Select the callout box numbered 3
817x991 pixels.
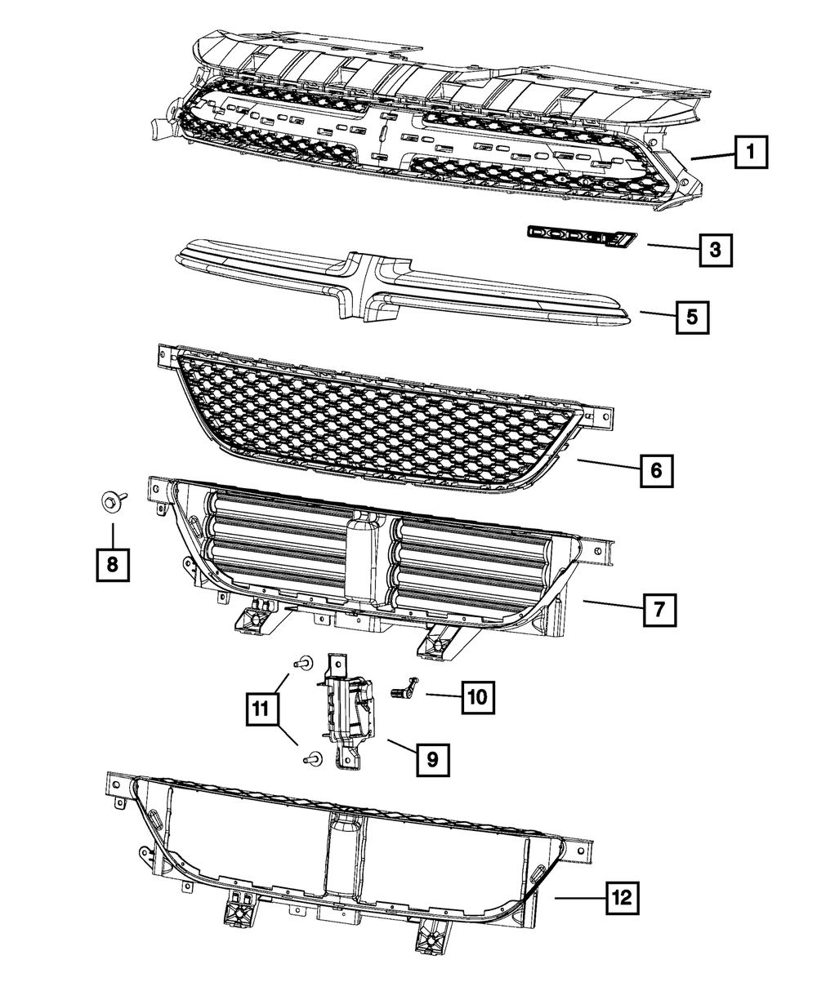tap(715, 250)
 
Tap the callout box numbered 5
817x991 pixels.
tap(692, 317)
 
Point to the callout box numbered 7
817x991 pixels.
tap(659, 608)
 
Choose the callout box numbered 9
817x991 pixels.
tap(431, 760)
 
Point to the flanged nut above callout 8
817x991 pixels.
tap(110, 500)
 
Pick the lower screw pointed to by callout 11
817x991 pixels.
tap(310, 760)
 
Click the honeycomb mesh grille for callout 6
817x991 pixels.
tap(376, 420)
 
